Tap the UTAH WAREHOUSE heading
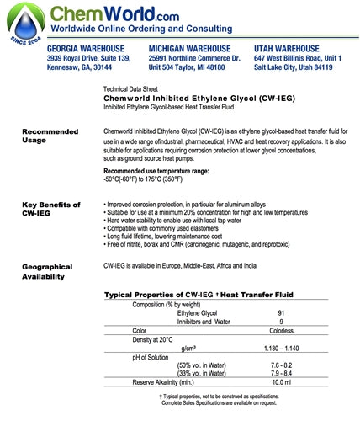[x=289, y=49]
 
